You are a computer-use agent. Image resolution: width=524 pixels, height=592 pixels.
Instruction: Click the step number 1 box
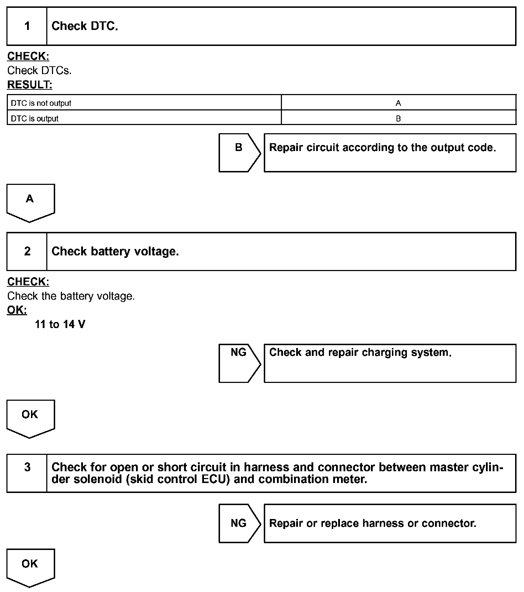(x=27, y=26)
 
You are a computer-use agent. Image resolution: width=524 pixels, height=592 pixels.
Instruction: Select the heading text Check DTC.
(x=85, y=26)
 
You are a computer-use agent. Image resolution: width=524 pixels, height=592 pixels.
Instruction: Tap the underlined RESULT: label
(x=30, y=85)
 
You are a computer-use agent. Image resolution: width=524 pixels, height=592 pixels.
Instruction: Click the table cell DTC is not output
(x=41, y=103)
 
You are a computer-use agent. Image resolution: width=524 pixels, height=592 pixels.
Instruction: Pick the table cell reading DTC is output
(x=35, y=119)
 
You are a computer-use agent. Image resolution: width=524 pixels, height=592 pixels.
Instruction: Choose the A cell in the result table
(x=398, y=103)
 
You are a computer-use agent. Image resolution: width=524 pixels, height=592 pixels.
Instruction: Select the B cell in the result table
(x=398, y=119)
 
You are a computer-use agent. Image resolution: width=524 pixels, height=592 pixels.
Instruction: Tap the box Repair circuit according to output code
(x=390, y=152)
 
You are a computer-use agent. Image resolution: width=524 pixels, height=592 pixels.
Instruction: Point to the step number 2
(x=27, y=251)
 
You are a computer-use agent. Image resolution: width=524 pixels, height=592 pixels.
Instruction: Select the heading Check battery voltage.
(x=115, y=251)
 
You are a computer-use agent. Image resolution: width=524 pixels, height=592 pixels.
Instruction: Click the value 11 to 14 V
(x=60, y=324)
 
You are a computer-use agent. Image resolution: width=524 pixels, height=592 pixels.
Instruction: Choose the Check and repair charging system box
(x=390, y=363)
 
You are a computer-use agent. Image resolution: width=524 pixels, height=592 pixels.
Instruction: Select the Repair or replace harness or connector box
(x=390, y=523)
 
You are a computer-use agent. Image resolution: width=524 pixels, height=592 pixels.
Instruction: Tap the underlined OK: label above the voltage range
(x=17, y=310)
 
